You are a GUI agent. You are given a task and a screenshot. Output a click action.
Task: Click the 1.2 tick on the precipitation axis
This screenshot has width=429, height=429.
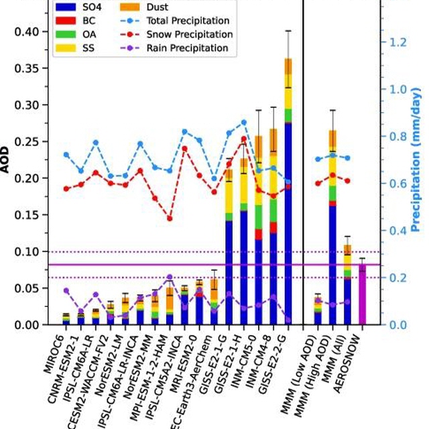tap(397, 42)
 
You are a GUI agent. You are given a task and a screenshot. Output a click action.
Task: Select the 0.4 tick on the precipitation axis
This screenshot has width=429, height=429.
tap(397, 231)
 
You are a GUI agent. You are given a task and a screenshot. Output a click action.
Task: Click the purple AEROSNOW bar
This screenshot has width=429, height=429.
tap(363, 294)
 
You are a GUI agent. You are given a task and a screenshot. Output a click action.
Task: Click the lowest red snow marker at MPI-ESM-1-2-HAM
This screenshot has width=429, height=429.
tap(170, 219)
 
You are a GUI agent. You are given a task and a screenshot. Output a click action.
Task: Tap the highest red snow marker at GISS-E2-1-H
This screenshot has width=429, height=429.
tap(244, 139)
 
